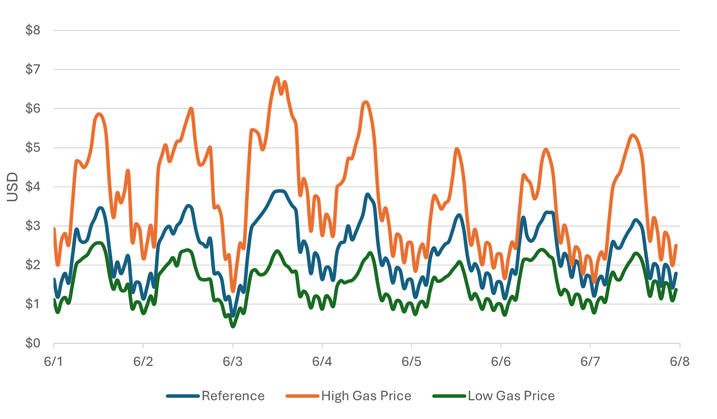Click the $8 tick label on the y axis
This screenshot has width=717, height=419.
[33, 30]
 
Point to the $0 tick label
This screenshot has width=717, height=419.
[33, 343]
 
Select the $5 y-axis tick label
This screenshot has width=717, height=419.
[33, 148]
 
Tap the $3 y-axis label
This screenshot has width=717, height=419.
[33, 226]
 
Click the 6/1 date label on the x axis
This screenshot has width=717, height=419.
[53, 362]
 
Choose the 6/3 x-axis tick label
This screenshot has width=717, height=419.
[232, 362]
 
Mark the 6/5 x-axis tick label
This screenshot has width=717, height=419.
[411, 362]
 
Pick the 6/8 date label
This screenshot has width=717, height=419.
[679, 362]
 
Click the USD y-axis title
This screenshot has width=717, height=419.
[13, 187]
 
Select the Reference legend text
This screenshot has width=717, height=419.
[233, 396]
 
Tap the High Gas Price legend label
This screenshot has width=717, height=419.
[366, 396]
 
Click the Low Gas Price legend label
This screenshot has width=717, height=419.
[511, 396]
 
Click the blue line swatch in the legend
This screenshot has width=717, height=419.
[183, 396]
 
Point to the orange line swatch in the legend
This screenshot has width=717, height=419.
[302, 396]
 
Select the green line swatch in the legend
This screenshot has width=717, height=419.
[449, 396]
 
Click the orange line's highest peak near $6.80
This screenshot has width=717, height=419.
[277, 77]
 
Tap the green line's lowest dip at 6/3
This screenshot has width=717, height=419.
[233, 326]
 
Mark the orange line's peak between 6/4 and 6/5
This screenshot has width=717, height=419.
[366, 102]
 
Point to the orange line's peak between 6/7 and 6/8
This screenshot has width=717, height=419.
[633, 135]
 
